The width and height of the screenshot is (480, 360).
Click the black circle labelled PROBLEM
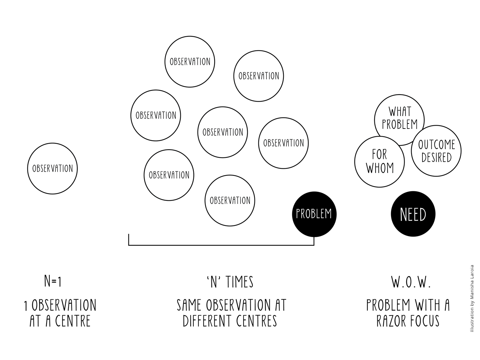[314, 214]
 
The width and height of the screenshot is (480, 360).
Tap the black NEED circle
[413, 214]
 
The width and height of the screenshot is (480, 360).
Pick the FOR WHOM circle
[379, 162]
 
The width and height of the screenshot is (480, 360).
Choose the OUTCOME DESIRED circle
[437, 151]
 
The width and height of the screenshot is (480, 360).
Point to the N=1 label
[53, 281]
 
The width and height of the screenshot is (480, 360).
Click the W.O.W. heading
[411, 282]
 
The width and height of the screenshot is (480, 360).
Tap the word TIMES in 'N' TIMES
[240, 282]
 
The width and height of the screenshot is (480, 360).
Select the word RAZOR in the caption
[391, 321]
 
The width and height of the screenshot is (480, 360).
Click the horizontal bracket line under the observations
[221, 245]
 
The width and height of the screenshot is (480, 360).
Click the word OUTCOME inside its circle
[437, 145]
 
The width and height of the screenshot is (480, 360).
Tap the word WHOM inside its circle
[380, 168]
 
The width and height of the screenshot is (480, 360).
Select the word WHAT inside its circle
[400, 112]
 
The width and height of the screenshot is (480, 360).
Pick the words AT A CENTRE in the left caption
[60, 321]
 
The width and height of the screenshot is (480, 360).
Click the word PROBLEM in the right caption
[388, 305]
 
